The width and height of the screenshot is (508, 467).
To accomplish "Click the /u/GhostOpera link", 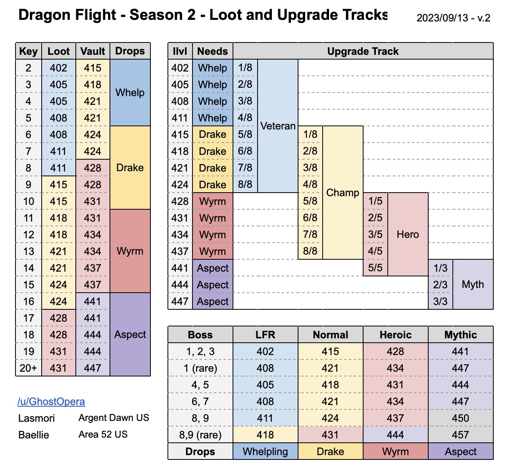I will click(x=51, y=401).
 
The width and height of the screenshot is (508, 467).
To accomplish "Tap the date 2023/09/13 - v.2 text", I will click(x=453, y=18).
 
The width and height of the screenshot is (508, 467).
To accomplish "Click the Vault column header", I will click(x=92, y=51).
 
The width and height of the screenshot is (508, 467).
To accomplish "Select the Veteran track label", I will click(x=278, y=126).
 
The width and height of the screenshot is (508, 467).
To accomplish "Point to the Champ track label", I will click(x=343, y=193).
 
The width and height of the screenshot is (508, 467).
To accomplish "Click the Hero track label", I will click(x=408, y=234).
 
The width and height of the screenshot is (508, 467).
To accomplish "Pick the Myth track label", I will click(x=473, y=284).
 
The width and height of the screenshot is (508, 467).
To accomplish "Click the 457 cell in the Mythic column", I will click(x=460, y=435).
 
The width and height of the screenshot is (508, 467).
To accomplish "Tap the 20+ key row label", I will click(x=29, y=368).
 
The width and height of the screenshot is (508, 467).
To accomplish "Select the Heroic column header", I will click(x=395, y=335).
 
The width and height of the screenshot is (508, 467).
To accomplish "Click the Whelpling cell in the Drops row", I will click(x=265, y=452).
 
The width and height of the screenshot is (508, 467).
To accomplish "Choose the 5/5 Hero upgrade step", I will click(x=375, y=268).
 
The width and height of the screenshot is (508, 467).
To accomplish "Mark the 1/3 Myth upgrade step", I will click(x=440, y=268).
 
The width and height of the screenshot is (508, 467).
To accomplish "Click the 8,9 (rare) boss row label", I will click(x=200, y=435).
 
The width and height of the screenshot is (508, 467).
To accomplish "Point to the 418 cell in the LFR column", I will click(x=265, y=435).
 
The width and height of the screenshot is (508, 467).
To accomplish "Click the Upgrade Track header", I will click(x=363, y=51).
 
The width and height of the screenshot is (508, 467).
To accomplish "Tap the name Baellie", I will click(x=34, y=435).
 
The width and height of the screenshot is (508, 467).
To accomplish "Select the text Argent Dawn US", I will click(x=114, y=418).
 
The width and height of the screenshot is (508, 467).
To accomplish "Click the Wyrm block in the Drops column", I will click(x=130, y=251).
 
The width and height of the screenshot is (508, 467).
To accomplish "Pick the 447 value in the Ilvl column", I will click(x=180, y=301).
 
